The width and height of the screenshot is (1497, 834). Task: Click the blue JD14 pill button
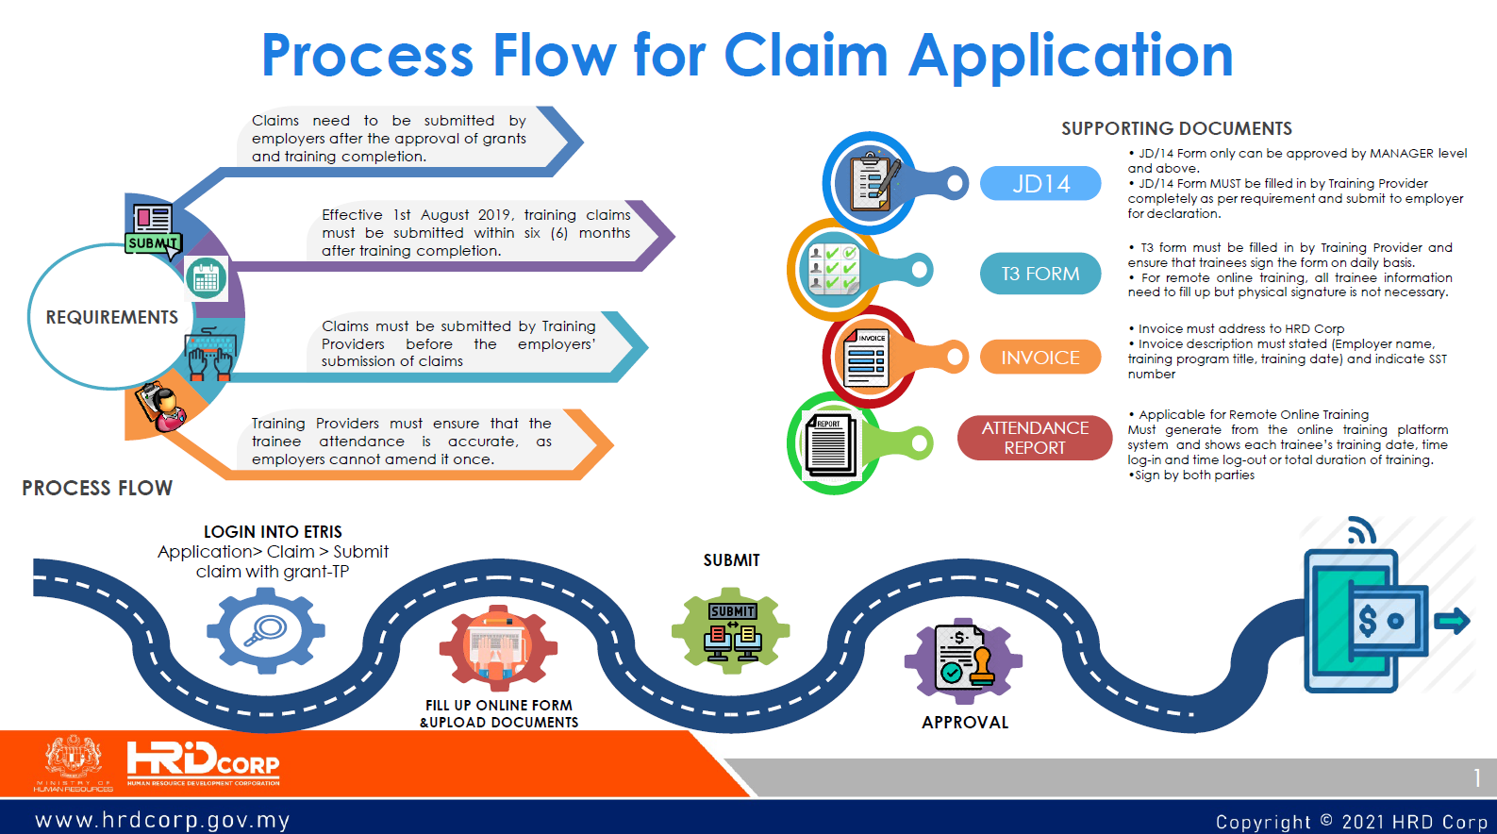click(1040, 183)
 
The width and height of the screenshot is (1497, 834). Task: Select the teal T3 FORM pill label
click(1040, 274)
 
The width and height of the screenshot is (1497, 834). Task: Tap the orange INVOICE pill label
click(1040, 358)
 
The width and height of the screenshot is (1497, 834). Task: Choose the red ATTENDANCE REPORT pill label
click(1035, 438)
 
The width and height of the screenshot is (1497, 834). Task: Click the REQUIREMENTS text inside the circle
click(111, 317)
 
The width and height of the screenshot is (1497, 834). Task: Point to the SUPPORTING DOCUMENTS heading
click(1176, 128)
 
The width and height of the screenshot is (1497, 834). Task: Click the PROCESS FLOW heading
click(97, 488)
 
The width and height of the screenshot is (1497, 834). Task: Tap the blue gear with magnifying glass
click(266, 629)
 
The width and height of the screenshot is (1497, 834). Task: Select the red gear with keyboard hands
click(498, 647)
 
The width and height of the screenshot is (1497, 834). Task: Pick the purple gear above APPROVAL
click(963, 661)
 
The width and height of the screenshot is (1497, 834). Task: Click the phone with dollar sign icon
click(1366, 620)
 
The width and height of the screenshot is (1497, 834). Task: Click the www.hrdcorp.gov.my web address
click(162, 820)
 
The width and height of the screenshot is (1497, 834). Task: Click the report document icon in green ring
click(831, 443)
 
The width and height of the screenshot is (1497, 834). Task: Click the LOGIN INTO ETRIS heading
click(273, 532)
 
